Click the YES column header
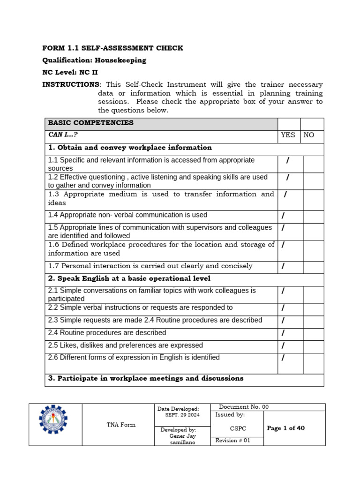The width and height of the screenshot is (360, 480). tap(288, 135)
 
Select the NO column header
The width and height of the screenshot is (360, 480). tap(309, 135)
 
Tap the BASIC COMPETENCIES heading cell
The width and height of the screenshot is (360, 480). tap(90, 123)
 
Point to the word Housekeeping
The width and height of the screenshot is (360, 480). tap(120, 60)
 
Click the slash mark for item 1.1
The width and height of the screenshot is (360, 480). tap(287, 161)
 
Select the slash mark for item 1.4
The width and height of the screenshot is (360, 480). tap(283, 216)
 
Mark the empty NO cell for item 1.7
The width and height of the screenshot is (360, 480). tap(313, 267)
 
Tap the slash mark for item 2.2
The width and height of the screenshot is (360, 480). tap(283, 308)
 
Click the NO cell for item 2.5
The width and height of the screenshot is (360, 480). tap(313, 346)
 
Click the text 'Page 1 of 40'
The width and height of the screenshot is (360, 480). tap(285, 428)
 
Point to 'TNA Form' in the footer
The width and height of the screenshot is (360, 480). tap(120, 425)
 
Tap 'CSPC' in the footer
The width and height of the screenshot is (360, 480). tap(238, 428)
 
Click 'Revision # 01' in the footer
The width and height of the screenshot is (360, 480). tap(233, 441)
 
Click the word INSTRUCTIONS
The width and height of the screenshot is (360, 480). tap(71, 84)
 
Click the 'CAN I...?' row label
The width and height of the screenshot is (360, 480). tap(63, 135)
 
